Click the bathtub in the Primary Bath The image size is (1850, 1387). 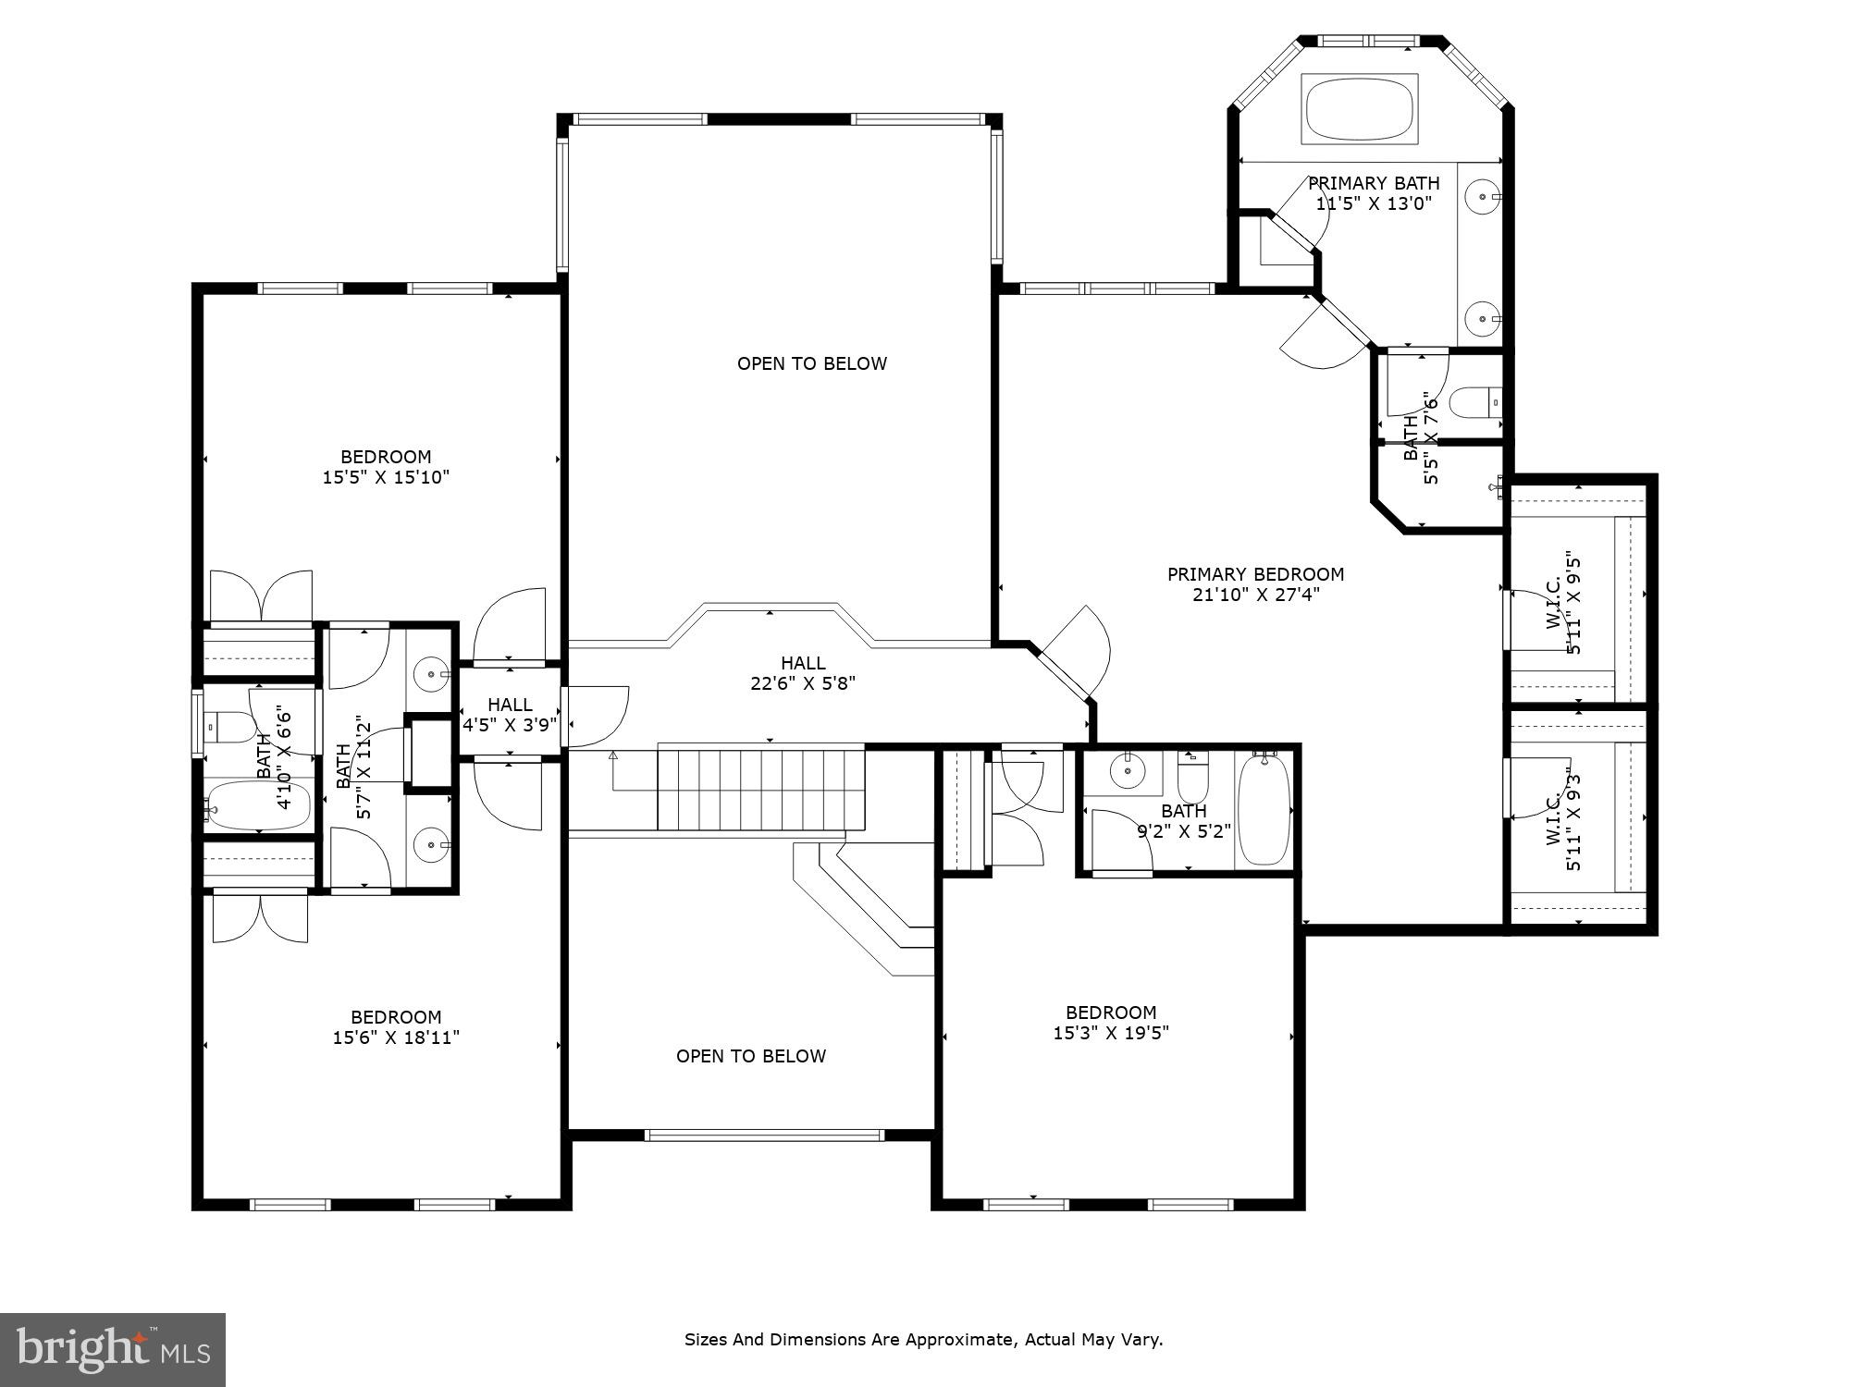click(x=1359, y=109)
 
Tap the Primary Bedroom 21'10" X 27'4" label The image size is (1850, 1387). click(x=1255, y=584)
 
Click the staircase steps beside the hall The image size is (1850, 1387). click(x=760, y=790)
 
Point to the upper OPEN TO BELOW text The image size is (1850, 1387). click(x=811, y=363)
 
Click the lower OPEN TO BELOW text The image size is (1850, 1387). click(x=750, y=1056)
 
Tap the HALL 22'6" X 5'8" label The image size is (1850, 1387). click(x=802, y=673)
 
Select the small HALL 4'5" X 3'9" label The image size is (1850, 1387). click(x=510, y=715)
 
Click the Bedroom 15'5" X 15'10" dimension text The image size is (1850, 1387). click(x=386, y=477)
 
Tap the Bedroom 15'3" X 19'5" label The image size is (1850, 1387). click(x=1111, y=1023)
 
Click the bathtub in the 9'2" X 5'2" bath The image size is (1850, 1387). click(x=1264, y=810)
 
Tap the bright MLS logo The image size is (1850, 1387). click(x=113, y=1350)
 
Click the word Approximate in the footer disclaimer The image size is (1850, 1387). click(x=962, y=1339)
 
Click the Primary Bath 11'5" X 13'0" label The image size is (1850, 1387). click(x=1374, y=193)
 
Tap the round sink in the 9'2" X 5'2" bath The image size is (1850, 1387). click(x=1128, y=769)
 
